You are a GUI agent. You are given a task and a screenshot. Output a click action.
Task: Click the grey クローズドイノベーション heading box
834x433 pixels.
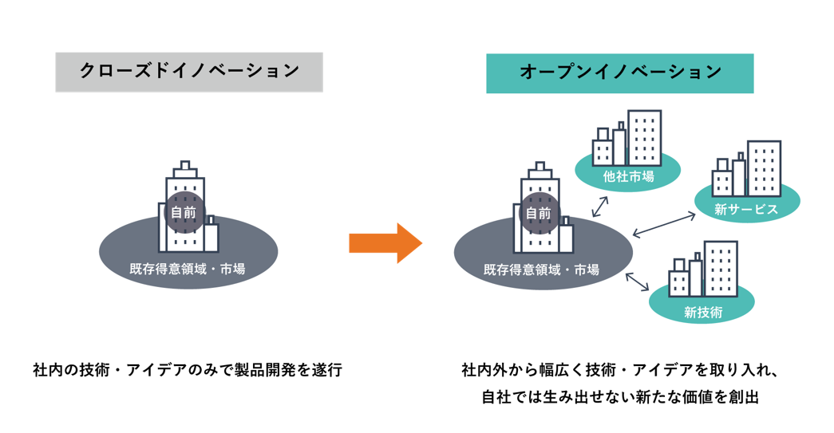pyautogui.click(x=189, y=72)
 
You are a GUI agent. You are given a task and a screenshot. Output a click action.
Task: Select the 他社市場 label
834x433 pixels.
pyautogui.click(x=628, y=176)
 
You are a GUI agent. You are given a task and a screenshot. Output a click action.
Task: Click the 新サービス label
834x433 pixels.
pyautogui.click(x=746, y=210)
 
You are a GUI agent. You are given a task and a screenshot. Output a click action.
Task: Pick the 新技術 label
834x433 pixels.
pyautogui.click(x=702, y=312)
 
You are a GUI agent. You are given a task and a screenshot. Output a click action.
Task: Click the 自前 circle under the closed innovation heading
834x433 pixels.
pyautogui.click(x=184, y=213)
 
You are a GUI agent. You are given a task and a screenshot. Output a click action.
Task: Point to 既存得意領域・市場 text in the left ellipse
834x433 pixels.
pyautogui.click(x=188, y=269)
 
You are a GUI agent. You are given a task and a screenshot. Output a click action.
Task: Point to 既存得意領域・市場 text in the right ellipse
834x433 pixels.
pyautogui.click(x=542, y=270)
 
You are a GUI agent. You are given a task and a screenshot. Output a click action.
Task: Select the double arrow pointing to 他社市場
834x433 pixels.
pyautogui.click(x=600, y=206)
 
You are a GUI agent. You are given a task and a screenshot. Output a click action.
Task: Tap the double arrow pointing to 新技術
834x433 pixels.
pyautogui.click(x=638, y=281)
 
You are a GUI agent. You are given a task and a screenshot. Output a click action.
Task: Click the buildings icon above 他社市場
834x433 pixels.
pyautogui.click(x=627, y=138)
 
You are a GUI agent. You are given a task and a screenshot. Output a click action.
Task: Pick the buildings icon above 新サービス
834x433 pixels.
pyautogui.click(x=746, y=169)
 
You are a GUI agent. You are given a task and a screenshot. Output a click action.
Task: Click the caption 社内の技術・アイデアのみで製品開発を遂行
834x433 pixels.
pyautogui.click(x=187, y=370)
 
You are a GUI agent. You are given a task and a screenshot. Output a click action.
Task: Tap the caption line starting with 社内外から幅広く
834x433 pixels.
pyautogui.click(x=620, y=370)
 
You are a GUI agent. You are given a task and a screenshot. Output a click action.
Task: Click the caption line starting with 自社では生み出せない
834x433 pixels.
pyautogui.click(x=619, y=396)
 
